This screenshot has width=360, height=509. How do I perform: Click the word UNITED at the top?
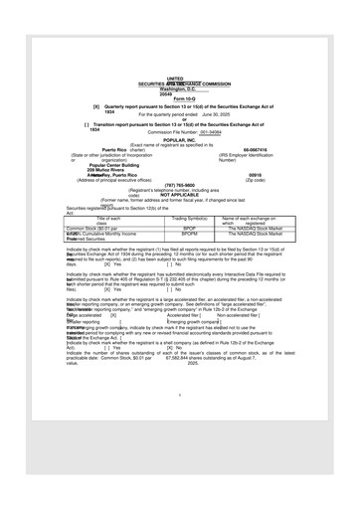click(174, 78)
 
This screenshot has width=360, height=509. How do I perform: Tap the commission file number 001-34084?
click(210, 132)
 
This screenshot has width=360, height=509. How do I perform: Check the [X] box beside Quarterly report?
click(95, 105)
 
